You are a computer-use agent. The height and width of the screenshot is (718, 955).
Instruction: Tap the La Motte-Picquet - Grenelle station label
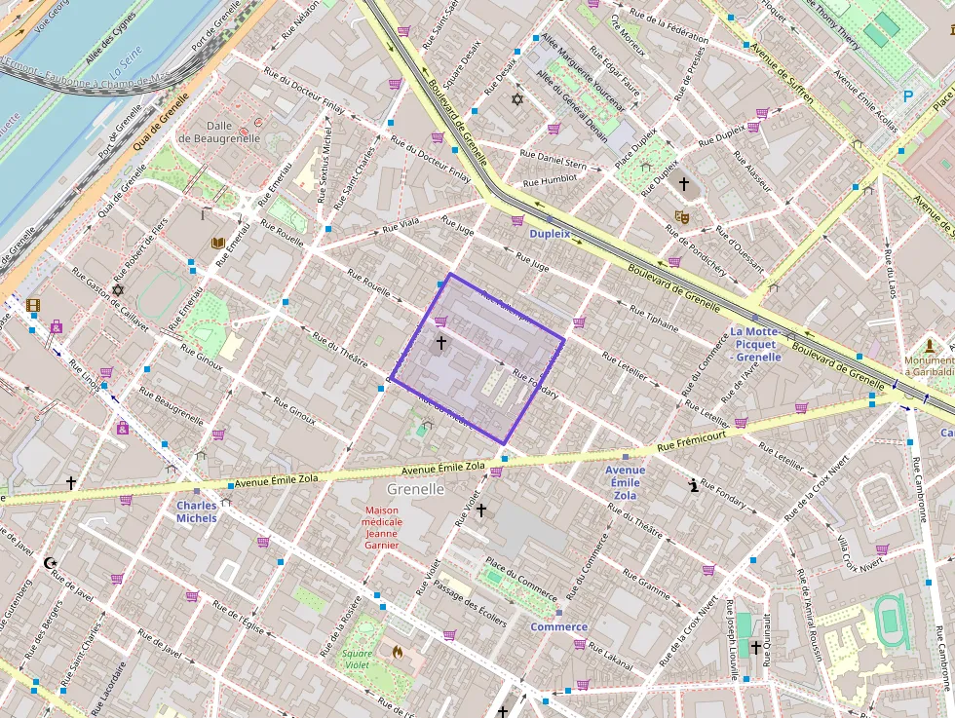(756, 344)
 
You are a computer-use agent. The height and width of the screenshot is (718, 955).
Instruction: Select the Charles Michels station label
(197, 511)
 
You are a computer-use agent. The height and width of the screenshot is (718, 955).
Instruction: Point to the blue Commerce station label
(558, 626)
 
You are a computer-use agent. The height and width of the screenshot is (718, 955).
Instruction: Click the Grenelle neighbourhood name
(416, 488)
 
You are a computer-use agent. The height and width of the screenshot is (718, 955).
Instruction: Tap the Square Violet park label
(357, 659)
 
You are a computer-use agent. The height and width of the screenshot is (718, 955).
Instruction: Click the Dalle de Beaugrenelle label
(233, 132)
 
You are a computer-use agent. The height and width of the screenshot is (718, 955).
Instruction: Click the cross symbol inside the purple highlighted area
(440, 342)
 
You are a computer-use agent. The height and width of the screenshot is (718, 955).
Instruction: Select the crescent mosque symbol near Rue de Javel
(51, 562)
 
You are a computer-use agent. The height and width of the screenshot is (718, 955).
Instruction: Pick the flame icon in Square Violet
(397, 651)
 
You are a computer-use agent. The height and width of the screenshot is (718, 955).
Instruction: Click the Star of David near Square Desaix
(517, 99)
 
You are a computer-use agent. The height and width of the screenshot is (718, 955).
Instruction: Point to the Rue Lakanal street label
(611, 658)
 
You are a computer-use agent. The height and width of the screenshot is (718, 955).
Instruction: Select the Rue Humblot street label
(550, 180)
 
